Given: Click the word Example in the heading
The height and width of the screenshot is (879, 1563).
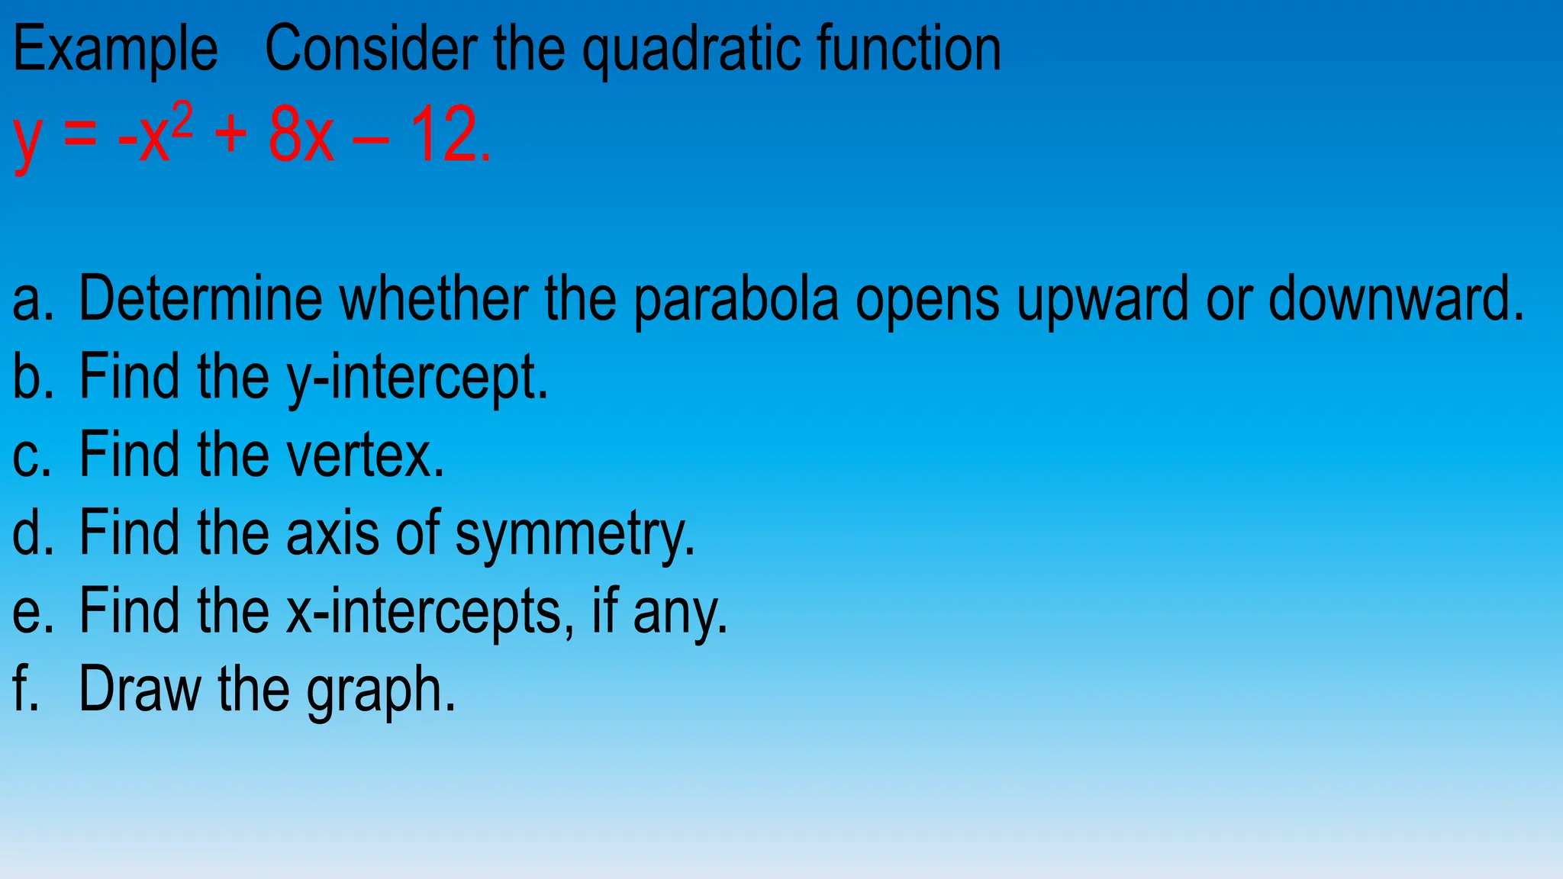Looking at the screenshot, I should (x=115, y=50).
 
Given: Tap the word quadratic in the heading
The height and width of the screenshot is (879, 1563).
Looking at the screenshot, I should (x=690, y=50).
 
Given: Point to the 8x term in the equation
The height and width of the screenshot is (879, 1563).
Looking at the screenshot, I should (x=301, y=136).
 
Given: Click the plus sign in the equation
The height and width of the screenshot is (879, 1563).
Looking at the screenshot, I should (x=231, y=137).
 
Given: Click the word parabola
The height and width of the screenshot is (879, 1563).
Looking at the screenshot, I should (x=736, y=299).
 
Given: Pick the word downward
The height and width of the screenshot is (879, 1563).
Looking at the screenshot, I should (x=1394, y=298).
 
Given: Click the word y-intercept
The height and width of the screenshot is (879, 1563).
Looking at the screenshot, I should (x=417, y=377).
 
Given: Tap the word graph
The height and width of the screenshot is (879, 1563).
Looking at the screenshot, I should (x=381, y=691).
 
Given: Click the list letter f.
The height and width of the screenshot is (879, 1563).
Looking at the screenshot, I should (x=25, y=689).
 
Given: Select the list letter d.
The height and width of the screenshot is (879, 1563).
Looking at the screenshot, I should (x=31, y=533).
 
